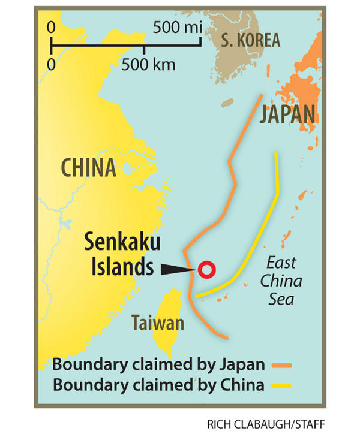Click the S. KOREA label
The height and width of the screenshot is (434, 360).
250,40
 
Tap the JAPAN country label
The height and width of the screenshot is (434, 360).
287,114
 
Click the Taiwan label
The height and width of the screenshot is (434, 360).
158,324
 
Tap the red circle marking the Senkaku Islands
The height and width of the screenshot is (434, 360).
207,270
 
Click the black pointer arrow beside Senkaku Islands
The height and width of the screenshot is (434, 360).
176,270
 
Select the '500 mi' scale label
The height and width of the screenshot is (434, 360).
177,26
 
